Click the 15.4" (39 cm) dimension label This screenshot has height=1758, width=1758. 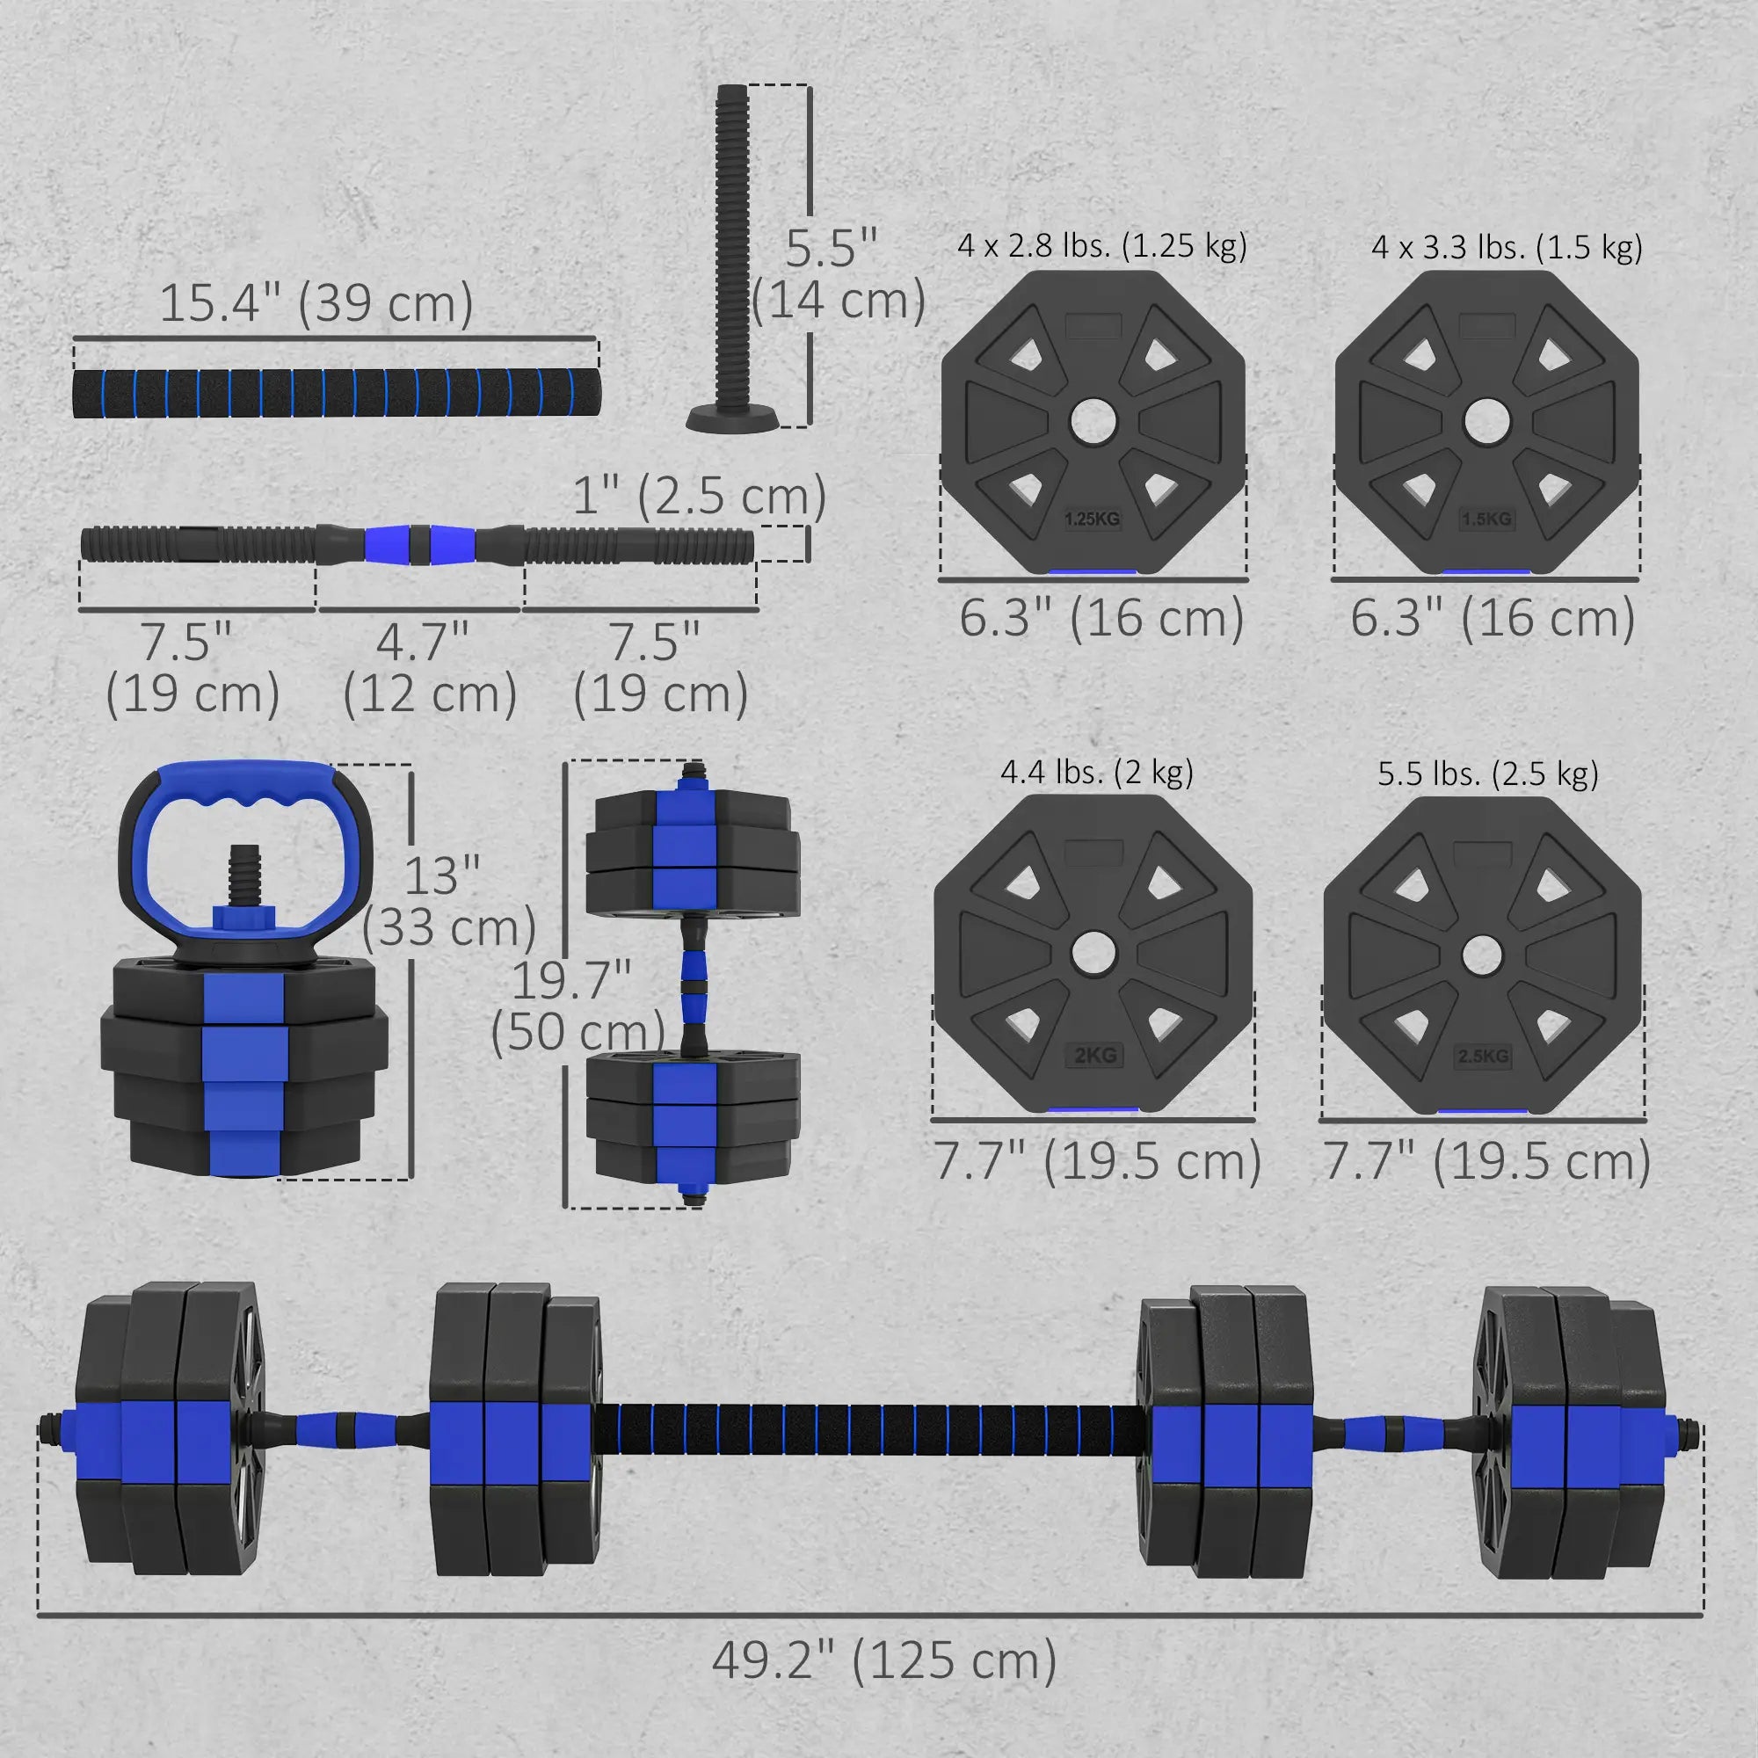tap(316, 303)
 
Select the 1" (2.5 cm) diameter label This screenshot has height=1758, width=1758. tap(699, 497)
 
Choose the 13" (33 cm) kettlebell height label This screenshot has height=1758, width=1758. tap(447, 902)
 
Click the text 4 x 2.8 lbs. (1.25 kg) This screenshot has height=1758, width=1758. tap(1101, 246)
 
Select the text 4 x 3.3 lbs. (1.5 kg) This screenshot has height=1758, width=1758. tap(1507, 248)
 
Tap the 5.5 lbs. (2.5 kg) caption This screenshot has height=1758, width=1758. tap(1487, 774)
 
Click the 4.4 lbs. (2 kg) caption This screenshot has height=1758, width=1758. tap(1096, 773)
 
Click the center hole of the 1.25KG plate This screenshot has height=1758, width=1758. tap(1092, 422)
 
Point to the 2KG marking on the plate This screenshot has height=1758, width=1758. tap(1094, 1056)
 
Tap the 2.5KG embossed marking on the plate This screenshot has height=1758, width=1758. tap(1482, 1057)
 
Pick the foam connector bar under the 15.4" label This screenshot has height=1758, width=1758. tap(335, 392)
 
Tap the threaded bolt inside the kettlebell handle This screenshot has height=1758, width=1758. tap(244, 873)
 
